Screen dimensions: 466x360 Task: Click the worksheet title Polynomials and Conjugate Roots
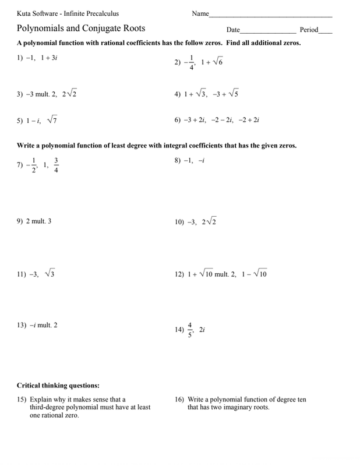click(x=81, y=28)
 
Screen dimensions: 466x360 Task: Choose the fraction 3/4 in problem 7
click(x=56, y=165)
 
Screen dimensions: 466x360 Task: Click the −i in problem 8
click(x=202, y=161)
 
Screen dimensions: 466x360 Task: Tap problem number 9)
click(x=20, y=221)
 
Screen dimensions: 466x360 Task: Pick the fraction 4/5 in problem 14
click(x=189, y=330)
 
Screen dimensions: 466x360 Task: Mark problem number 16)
click(x=179, y=400)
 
